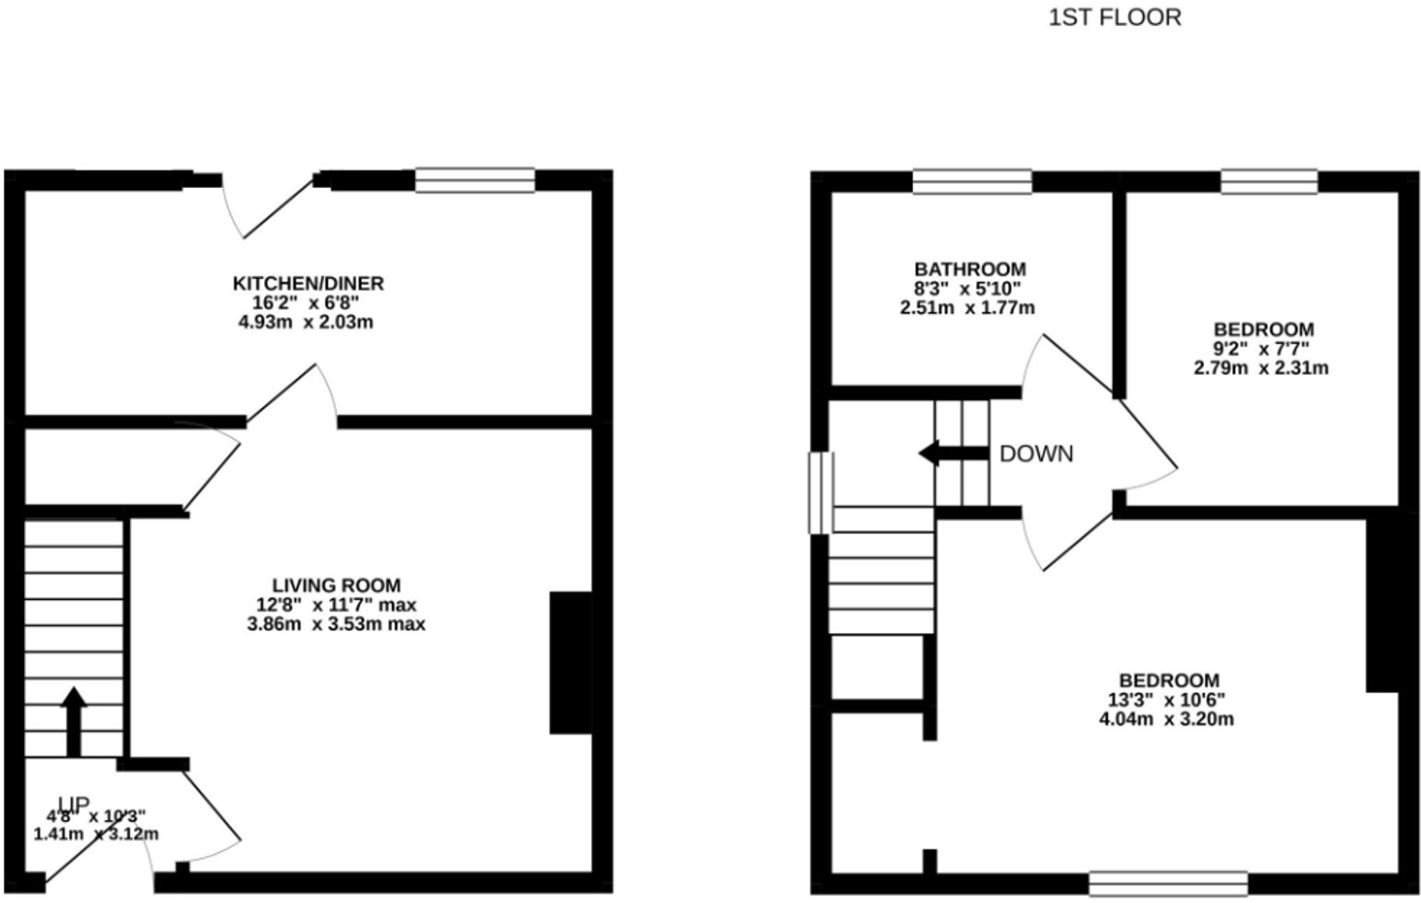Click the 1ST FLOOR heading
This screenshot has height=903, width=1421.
coord(1115,17)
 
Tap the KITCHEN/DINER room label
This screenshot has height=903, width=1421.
coord(307,284)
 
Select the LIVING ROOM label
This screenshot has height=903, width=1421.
coord(336,585)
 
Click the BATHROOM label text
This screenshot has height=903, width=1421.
coord(969,270)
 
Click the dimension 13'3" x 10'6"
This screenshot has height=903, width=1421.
coord(1166,700)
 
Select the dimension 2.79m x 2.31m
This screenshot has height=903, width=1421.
coord(1261,368)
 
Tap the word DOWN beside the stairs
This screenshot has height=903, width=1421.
coord(1036,454)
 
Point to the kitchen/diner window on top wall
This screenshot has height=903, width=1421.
coord(474,180)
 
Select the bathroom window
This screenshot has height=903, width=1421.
coord(972,181)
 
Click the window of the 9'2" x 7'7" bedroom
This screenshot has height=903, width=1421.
coord(1269,181)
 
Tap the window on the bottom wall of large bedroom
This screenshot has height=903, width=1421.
coord(1168,884)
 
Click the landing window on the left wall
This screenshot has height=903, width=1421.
coord(821,492)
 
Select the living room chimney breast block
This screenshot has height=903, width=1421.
coord(570,663)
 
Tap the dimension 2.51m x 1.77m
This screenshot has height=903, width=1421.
coord(966,307)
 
